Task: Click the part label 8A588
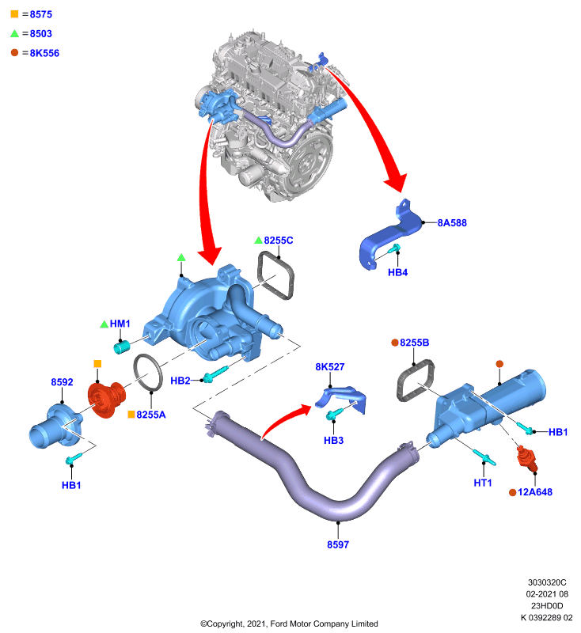(452, 223)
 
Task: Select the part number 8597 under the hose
(338, 544)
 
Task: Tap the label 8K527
(330, 367)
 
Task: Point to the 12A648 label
(535, 492)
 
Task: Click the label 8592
(62, 382)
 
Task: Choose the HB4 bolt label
(397, 272)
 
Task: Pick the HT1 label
(483, 483)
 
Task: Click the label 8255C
(279, 241)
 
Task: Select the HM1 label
(120, 324)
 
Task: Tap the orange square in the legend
(14, 14)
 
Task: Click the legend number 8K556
(44, 53)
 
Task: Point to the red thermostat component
(106, 399)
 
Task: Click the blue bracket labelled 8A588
(388, 236)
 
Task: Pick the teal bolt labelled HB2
(215, 373)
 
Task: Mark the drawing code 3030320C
(547, 582)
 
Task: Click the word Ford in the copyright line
(279, 624)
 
